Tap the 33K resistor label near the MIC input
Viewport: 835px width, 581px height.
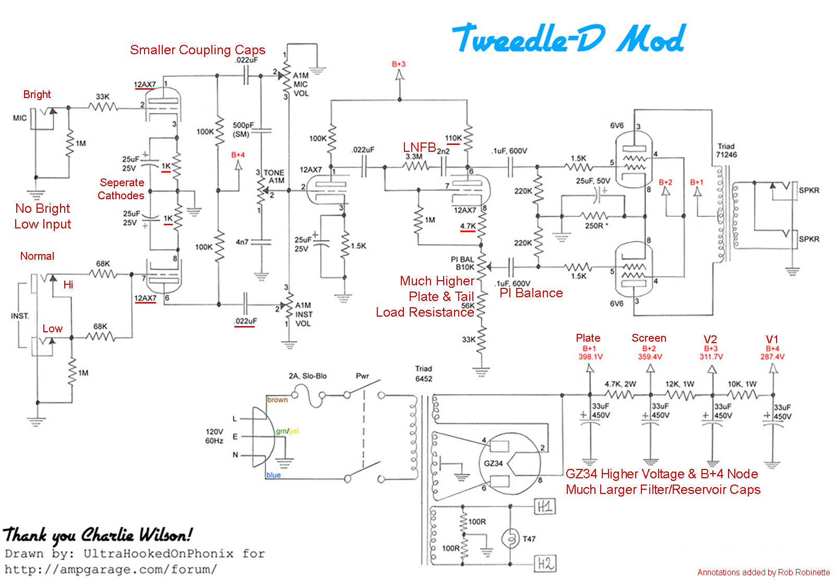point(102,97)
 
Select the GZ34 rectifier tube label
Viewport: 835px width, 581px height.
point(493,463)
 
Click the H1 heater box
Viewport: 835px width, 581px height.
point(545,506)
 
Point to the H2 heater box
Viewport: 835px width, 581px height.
point(545,563)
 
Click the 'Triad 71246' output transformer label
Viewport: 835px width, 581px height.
point(726,150)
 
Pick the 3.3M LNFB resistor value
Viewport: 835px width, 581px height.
point(414,157)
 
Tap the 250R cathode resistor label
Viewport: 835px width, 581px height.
point(594,226)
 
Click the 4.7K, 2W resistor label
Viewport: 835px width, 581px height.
point(621,384)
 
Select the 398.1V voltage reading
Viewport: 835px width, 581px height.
point(590,357)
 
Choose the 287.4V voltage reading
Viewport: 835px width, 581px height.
point(772,357)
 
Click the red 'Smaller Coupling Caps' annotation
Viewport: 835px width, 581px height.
point(198,50)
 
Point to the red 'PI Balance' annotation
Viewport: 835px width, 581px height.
point(531,293)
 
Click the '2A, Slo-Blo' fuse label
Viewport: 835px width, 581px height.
point(307,376)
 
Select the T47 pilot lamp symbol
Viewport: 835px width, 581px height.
point(510,539)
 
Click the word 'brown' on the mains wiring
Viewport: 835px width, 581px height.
point(277,400)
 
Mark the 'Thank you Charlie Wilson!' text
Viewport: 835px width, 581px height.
point(98,535)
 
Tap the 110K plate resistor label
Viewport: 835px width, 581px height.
point(454,138)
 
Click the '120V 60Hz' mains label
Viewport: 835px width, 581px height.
point(214,436)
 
